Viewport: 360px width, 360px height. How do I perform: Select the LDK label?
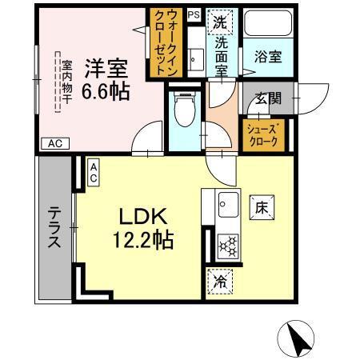[143, 217]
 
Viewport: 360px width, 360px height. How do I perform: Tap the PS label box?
[194, 14]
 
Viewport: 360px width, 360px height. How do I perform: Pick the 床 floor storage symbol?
[262, 206]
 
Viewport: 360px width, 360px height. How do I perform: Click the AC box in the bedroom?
[54, 144]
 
